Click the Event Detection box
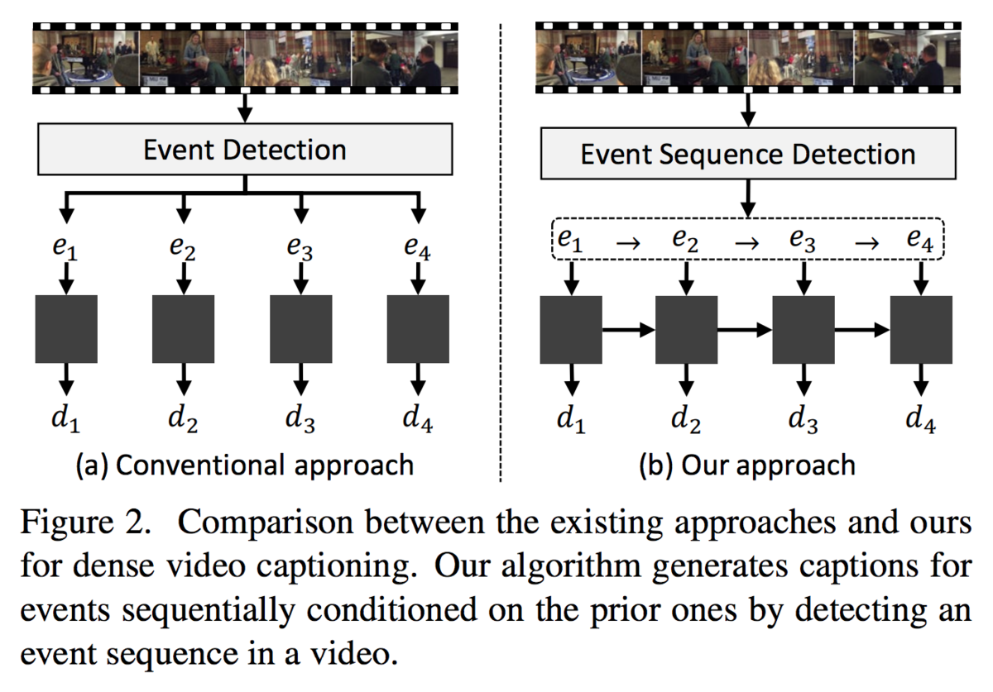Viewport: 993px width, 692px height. pos(245,150)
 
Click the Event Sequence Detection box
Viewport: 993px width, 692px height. pos(748,154)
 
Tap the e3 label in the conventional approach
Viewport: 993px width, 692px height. pos(300,248)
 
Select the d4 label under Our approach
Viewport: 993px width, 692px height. pos(921,418)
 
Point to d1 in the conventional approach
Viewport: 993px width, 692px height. pos(66,418)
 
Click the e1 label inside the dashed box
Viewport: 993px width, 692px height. pos(570,241)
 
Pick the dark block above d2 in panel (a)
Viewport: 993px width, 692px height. pos(183,329)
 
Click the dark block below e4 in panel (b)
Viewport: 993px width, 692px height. pos(921,330)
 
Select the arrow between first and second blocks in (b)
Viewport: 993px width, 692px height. pos(629,330)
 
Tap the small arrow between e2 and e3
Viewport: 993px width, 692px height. pos(747,243)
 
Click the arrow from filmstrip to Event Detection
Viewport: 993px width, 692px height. pos(245,108)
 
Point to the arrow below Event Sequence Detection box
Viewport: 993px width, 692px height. pos(748,198)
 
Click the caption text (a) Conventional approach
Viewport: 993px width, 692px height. pos(245,465)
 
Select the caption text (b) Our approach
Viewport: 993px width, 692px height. pos(747,465)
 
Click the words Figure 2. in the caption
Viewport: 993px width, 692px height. pos(86,523)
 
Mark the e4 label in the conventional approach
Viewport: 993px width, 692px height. pos(418,248)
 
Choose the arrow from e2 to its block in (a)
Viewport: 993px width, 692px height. pos(184,279)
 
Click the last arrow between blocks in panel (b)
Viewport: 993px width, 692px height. pos(862,330)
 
